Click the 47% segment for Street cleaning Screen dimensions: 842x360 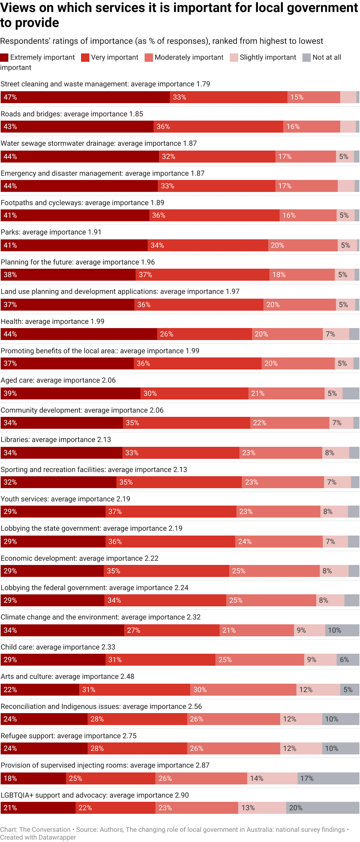pos(85,97)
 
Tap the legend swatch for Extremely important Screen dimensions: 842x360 pos(4,58)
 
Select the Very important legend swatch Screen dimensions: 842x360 pos(85,58)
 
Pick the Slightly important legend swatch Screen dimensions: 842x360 pos(234,58)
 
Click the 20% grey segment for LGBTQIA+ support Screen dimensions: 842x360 pos(322,808)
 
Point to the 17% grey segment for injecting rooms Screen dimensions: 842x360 pos(328,778)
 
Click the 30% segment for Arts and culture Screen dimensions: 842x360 pos(243,689)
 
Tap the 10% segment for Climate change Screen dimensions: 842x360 pos(342,630)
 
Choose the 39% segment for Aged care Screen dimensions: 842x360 pos(70,393)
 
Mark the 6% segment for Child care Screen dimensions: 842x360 pos(348,660)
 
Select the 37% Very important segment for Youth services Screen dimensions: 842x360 pos(171,512)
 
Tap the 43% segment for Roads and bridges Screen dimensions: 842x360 pos(77,126)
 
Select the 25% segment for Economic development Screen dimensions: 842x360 pos(274,571)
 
